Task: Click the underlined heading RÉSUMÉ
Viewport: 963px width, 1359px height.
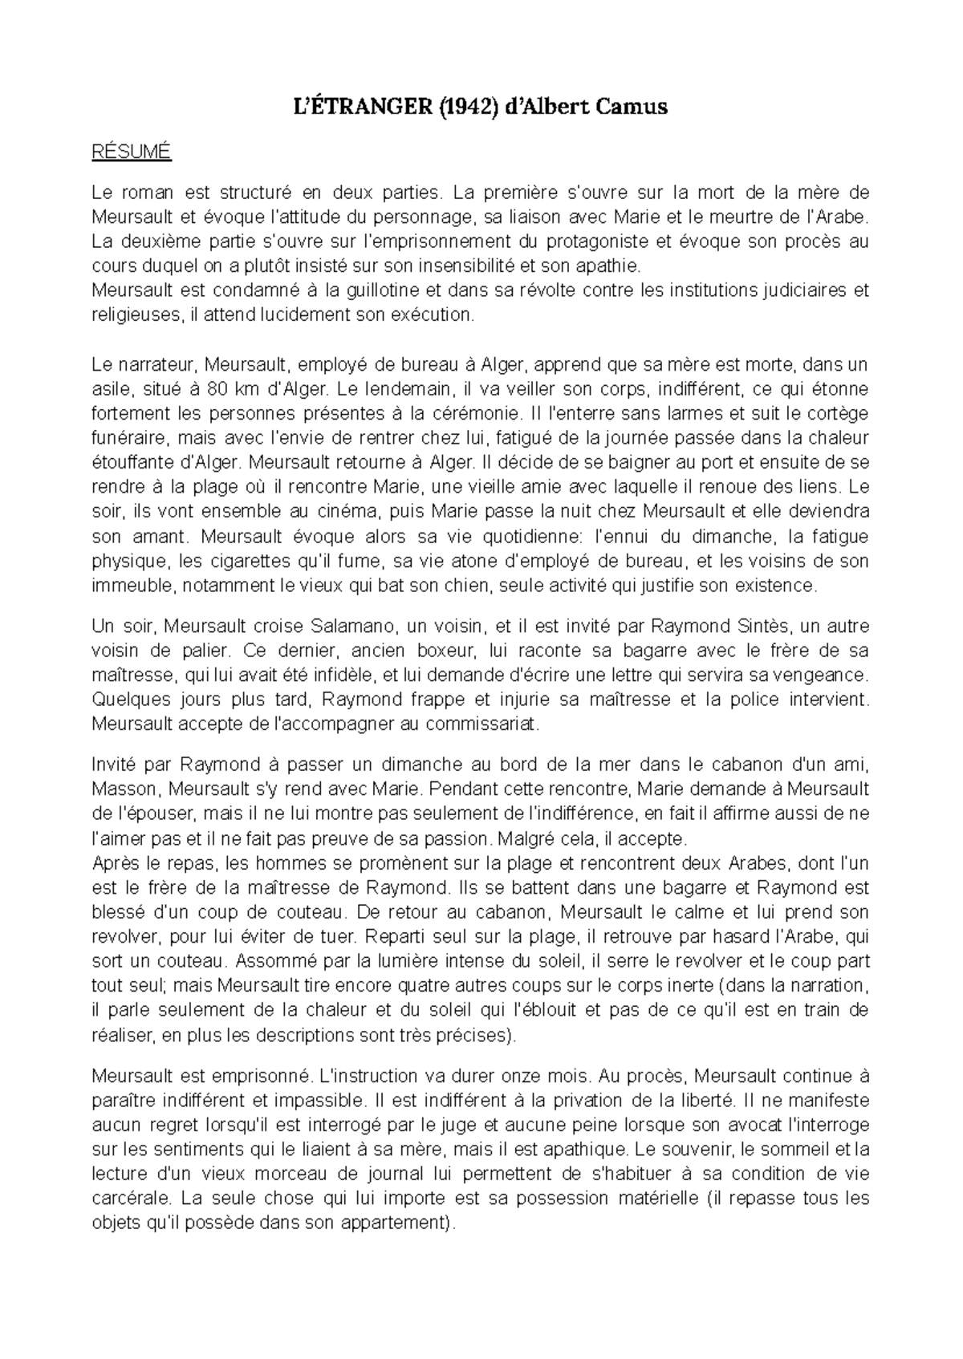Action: coord(132,152)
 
